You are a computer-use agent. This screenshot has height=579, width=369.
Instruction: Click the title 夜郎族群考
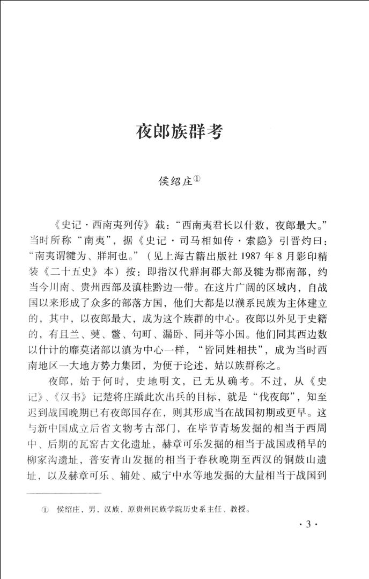pos(179,131)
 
